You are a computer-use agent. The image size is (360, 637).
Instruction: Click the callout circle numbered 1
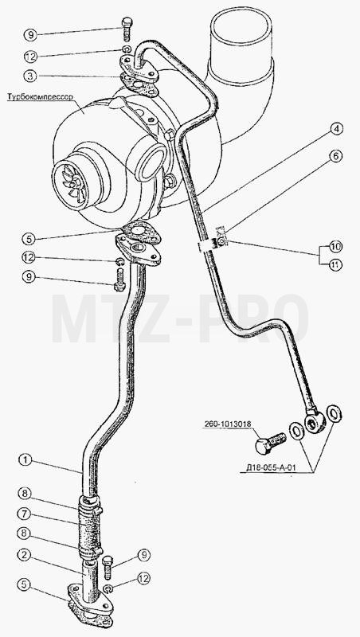(25, 460)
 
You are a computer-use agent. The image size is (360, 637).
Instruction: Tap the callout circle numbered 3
(30, 76)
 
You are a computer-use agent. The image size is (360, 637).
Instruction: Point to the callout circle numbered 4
(335, 129)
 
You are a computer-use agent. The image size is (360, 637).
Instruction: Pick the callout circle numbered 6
(335, 157)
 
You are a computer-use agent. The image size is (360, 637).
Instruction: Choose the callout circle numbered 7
(24, 513)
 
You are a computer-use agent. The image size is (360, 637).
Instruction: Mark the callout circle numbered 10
(335, 247)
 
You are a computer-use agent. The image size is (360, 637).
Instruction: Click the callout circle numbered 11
(335, 265)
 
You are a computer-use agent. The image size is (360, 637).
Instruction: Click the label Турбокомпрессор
(40, 97)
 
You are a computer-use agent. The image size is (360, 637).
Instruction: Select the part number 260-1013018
(228, 424)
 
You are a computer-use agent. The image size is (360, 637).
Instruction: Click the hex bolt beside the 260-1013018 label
(270, 443)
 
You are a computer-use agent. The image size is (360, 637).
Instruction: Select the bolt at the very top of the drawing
(127, 29)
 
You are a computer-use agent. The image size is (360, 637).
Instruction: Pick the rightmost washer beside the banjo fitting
(334, 414)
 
